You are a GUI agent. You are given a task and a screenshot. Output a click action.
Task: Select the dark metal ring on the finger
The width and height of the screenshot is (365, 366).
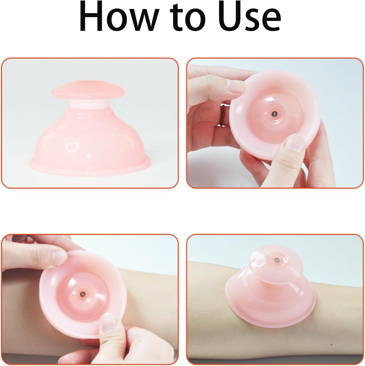tap(222, 114)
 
